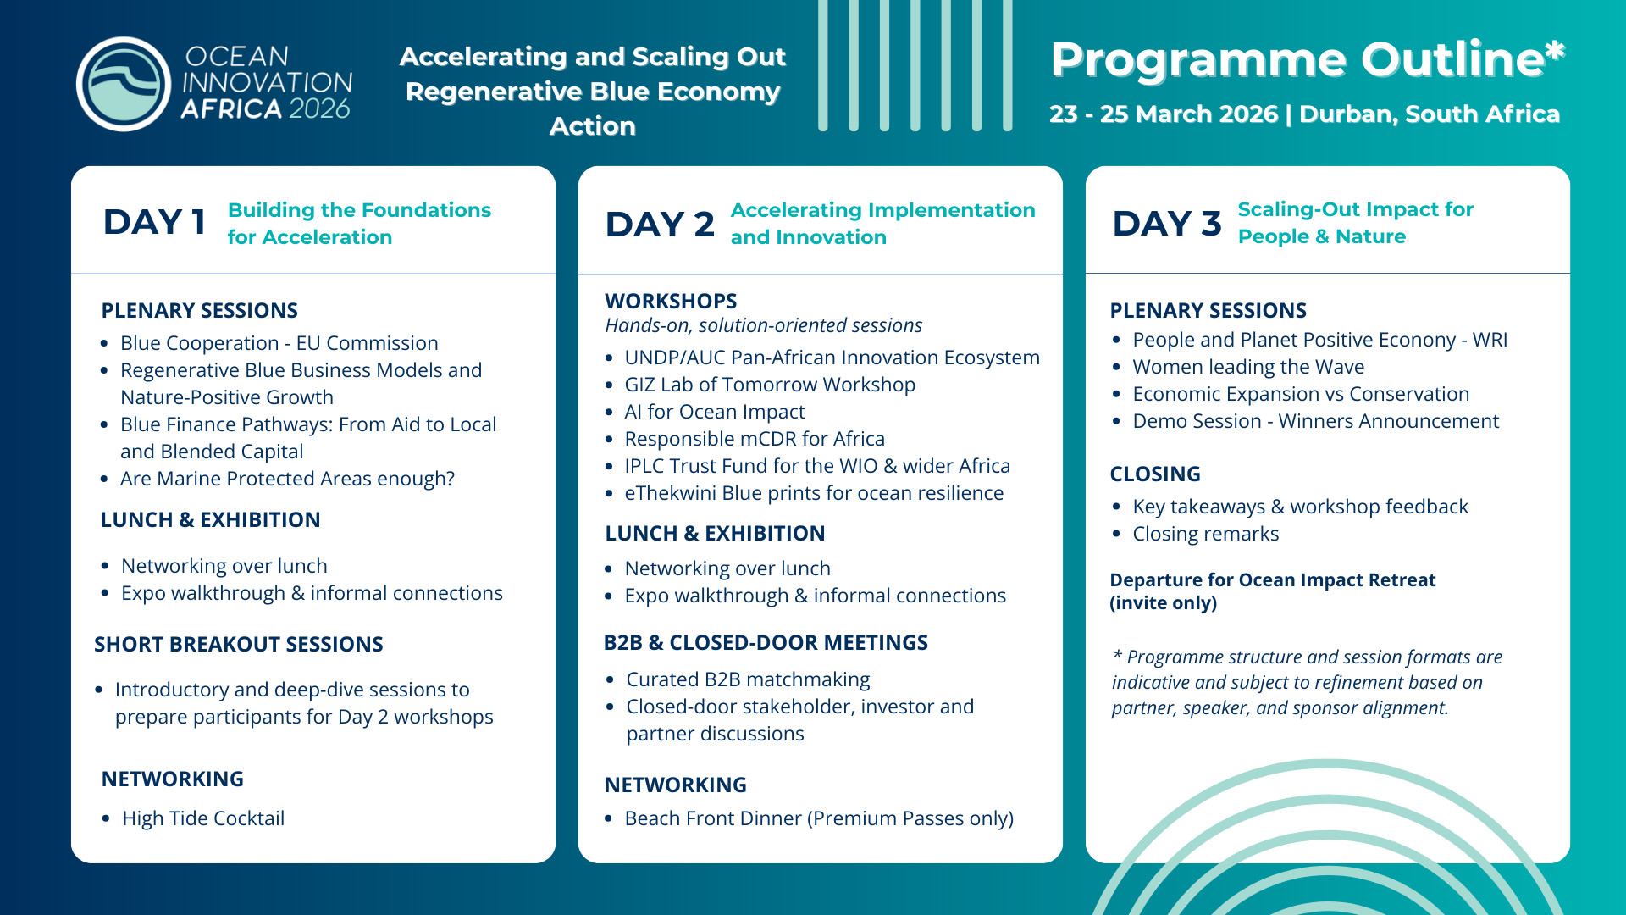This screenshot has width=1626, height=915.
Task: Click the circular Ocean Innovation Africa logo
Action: pyautogui.click(x=124, y=84)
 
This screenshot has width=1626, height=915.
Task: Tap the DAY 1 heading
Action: pyautogui.click(x=154, y=222)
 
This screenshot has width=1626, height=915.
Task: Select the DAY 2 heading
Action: pyautogui.click(x=660, y=225)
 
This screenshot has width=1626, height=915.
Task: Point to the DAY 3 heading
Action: pyautogui.click(x=1167, y=224)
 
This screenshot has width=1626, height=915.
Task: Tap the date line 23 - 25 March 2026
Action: pyautogui.click(x=1164, y=114)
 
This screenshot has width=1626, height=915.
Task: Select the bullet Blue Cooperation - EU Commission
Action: pyautogui.click(x=279, y=343)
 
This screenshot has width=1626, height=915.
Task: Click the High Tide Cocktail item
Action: pyautogui.click(x=203, y=818)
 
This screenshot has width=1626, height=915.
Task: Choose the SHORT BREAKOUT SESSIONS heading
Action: pyautogui.click(x=239, y=645)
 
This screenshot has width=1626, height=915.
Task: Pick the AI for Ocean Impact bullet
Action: pyautogui.click(x=715, y=412)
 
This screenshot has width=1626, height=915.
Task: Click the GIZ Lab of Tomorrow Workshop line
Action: pyautogui.click(x=770, y=385)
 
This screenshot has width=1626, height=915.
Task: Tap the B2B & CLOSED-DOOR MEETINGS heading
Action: pyautogui.click(x=766, y=643)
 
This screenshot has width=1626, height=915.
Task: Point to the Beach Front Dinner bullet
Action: pyautogui.click(x=819, y=818)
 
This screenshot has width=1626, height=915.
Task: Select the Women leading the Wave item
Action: pyautogui.click(x=1248, y=367)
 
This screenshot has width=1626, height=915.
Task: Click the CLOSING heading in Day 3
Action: pyautogui.click(x=1155, y=474)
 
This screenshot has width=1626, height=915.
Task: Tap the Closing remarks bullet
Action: pyautogui.click(x=1206, y=534)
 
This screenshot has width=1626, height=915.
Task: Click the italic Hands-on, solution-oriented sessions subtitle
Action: pyautogui.click(x=764, y=325)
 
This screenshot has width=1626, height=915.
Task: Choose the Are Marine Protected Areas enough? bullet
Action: pyautogui.click(x=288, y=479)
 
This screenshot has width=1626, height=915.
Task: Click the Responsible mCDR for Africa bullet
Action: pyautogui.click(x=755, y=439)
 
